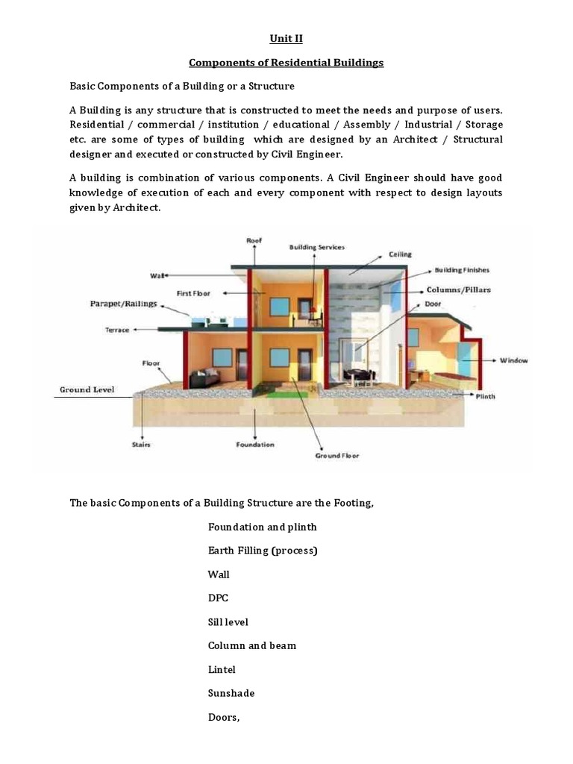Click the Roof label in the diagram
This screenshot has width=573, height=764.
[x=254, y=240]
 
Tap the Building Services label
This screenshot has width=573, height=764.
[x=317, y=247]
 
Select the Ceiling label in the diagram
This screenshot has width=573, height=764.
[x=399, y=254]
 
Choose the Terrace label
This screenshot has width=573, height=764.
[x=117, y=329]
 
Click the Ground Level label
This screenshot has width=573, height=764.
[x=87, y=389]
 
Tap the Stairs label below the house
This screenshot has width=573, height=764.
[x=142, y=445]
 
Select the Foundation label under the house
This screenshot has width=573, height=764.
[x=255, y=445]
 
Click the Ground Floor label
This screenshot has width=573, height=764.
[x=339, y=455]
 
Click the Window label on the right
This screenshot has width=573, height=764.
[x=513, y=360]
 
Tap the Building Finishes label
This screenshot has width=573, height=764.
[x=462, y=270]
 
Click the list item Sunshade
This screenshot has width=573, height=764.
[x=231, y=693]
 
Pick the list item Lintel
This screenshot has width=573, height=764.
[x=222, y=669]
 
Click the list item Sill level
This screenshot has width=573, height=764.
[x=228, y=621]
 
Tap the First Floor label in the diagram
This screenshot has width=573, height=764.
[x=194, y=294]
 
